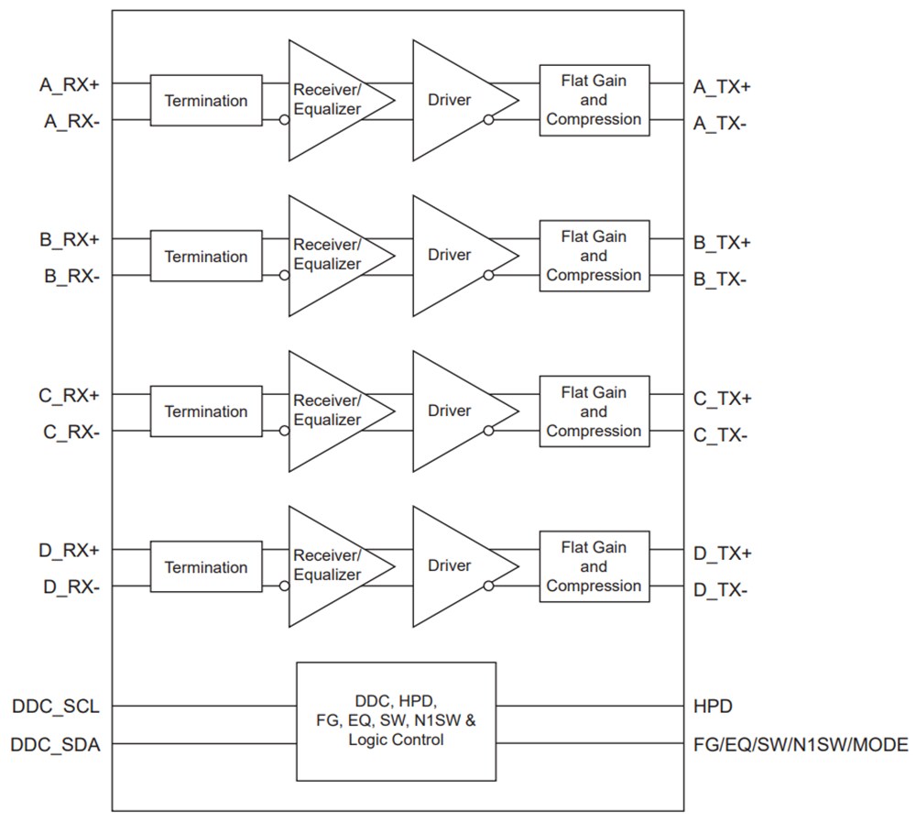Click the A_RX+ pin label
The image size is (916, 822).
[x=70, y=84]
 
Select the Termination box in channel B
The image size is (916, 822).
[x=206, y=257]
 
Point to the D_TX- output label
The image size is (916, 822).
[x=720, y=591]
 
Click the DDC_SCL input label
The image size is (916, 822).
[x=56, y=707]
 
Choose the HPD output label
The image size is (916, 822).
[x=714, y=707]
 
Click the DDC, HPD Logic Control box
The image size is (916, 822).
[x=396, y=721]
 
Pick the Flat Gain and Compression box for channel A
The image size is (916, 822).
[x=594, y=100]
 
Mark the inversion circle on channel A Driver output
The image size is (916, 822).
[x=489, y=119]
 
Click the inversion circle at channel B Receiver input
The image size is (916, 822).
[x=284, y=275]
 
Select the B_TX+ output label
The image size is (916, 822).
[x=722, y=243]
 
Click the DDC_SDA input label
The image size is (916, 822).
[x=56, y=745]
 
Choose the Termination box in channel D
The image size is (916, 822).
[x=206, y=567]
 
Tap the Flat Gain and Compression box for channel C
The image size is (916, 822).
[x=594, y=411]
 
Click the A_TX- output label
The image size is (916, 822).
[x=720, y=124]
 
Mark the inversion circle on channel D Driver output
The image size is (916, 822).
[x=489, y=586]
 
